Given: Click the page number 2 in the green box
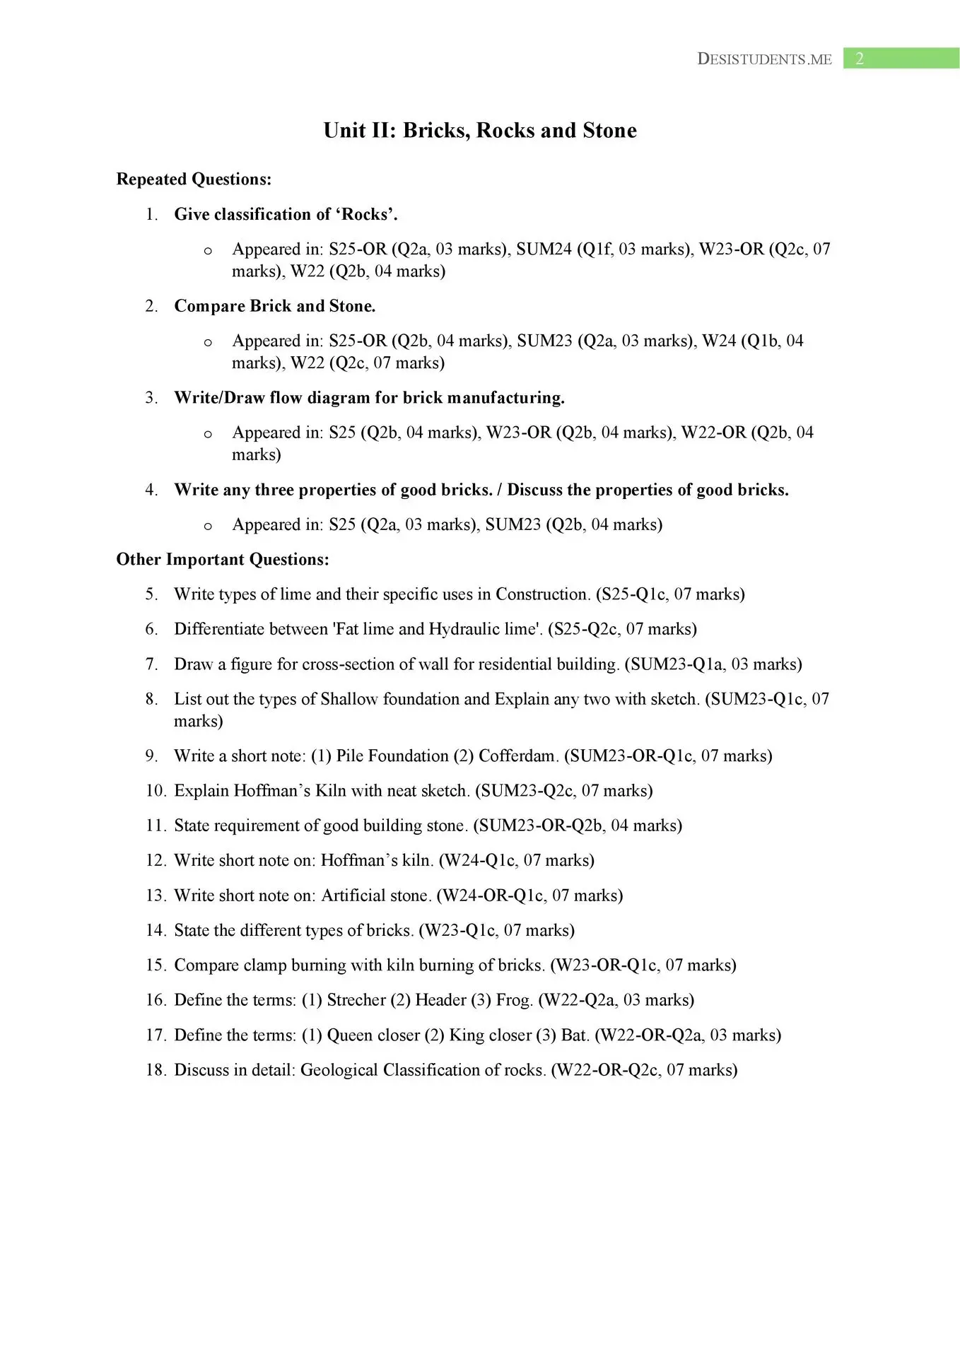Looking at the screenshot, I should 860,59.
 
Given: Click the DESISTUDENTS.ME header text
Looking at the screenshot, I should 764,59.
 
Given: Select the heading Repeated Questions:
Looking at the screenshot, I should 194,180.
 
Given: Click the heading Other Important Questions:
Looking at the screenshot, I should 223,560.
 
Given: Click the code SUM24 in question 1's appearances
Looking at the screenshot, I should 544,249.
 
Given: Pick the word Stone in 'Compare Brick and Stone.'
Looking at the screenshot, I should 351,306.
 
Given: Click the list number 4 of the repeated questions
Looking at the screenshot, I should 151,490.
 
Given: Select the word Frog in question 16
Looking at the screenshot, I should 514,1000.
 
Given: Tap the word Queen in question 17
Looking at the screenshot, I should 349,1035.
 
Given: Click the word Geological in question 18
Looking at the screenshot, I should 339,1070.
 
